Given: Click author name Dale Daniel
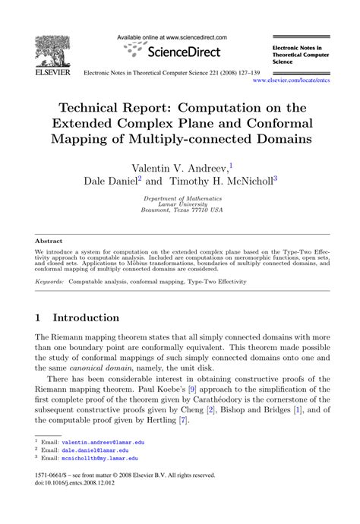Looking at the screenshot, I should [113, 182].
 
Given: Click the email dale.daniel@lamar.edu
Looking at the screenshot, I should [94, 450].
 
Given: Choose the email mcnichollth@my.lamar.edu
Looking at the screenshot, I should [100, 459].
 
